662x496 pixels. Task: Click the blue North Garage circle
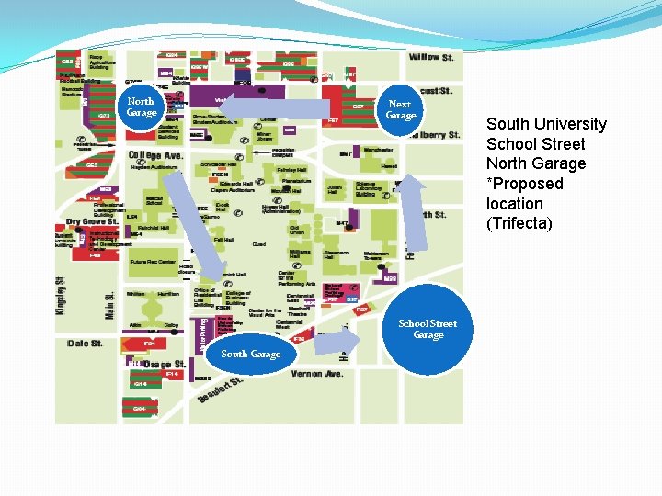click(x=141, y=107)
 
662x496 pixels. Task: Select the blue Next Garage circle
click(x=400, y=110)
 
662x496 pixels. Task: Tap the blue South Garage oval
click(x=251, y=354)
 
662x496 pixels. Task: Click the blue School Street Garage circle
click(x=428, y=329)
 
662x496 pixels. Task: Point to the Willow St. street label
click(x=431, y=57)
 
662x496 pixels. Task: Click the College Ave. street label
click(x=156, y=155)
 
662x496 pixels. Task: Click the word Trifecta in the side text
click(x=519, y=223)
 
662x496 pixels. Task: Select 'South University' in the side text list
click(x=546, y=124)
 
